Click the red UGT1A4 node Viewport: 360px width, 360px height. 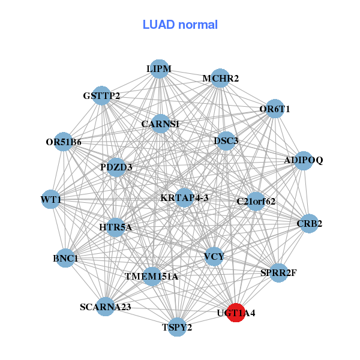point(236,313)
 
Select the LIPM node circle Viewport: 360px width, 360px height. point(159,69)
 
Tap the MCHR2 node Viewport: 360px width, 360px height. point(220,79)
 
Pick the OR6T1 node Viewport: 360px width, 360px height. point(275,109)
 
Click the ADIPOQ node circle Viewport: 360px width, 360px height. point(304,161)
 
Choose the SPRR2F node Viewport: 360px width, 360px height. point(278,273)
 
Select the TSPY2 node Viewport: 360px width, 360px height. point(177,327)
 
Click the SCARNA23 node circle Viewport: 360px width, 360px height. point(105,307)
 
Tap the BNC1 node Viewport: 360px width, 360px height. point(65,259)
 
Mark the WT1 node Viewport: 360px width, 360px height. point(51,199)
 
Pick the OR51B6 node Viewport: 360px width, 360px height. point(64,142)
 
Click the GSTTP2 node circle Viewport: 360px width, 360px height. point(101,96)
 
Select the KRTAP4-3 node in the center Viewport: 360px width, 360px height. point(184,197)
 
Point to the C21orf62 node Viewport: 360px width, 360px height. point(256,201)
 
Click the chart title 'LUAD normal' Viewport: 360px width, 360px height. point(180,25)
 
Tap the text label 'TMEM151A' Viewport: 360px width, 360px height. point(151,277)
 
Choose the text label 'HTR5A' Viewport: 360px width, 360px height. point(115,227)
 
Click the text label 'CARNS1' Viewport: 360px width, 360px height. point(160,124)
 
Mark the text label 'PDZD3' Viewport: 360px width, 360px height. point(116,166)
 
